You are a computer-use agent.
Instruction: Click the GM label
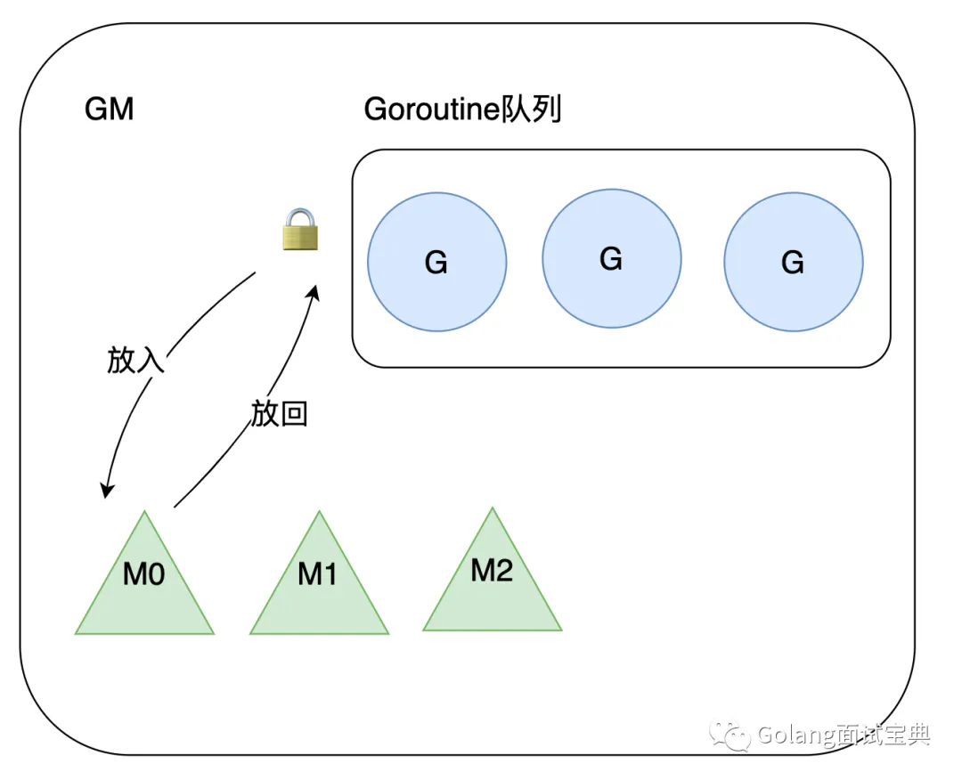click(x=109, y=110)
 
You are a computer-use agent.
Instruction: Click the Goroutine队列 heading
click(x=462, y=110)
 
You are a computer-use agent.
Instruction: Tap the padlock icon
click(x=301, y=229)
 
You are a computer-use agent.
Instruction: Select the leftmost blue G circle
click(x=436, y=263)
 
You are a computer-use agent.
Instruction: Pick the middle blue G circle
click(x=611, y=258)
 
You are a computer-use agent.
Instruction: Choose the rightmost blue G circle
click(x=793, y=263)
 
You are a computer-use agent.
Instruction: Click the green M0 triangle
click(x=144, y=588)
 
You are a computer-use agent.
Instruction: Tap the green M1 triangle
click(x=319, y=588)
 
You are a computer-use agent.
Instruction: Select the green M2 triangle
click(x=492, y=583)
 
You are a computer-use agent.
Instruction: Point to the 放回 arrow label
click(x=279, y=413)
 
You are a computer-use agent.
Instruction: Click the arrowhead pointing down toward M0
click(x=107, y=490)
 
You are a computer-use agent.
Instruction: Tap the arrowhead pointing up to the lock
click(x=314, y=293)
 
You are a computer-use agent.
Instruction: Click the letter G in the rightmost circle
click(x=793, y=263)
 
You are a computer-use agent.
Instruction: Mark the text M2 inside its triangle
click(x=492, y=571)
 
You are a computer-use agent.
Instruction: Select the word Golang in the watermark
click(x=796, y=735)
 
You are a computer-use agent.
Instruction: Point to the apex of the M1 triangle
click(x=319, y=513)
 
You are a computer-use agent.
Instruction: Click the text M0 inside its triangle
click(x=144, y=575)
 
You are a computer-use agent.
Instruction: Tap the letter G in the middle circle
click(x=611, y=258)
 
